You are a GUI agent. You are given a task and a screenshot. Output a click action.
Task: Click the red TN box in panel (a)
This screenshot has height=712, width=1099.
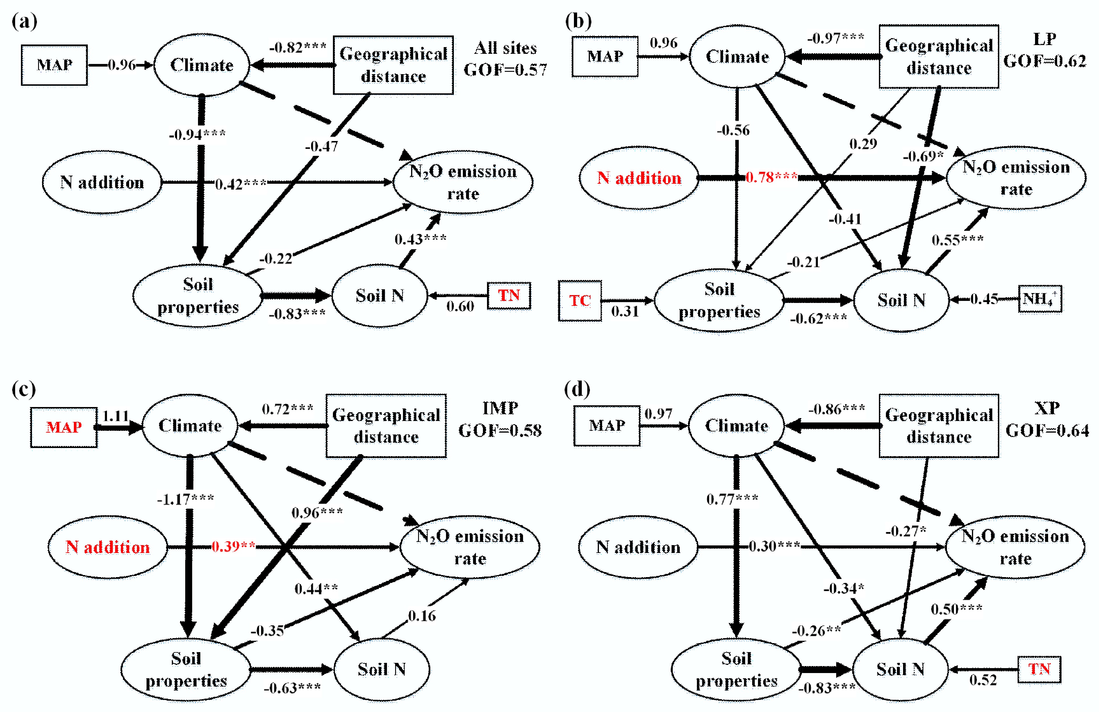509,295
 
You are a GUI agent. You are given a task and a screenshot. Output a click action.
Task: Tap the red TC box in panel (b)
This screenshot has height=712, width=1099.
579,301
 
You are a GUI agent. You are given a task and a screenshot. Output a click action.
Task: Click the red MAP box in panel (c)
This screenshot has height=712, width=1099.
64,427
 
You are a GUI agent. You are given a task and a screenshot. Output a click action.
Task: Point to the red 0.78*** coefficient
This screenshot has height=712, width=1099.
771,177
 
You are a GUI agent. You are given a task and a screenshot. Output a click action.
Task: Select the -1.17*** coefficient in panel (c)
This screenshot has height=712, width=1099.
185,499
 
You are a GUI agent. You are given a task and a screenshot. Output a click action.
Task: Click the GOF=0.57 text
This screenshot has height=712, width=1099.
505,70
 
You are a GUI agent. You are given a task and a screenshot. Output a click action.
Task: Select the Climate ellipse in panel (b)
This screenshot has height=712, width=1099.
737,56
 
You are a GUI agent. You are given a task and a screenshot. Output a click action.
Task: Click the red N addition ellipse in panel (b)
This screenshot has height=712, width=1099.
639,178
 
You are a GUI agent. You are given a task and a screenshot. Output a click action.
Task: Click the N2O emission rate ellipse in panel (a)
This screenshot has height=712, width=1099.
463,182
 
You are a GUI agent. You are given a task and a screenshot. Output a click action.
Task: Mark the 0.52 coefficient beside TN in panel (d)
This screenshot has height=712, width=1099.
983,680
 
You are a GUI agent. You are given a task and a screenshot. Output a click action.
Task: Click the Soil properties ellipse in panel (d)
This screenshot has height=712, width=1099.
736,670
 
